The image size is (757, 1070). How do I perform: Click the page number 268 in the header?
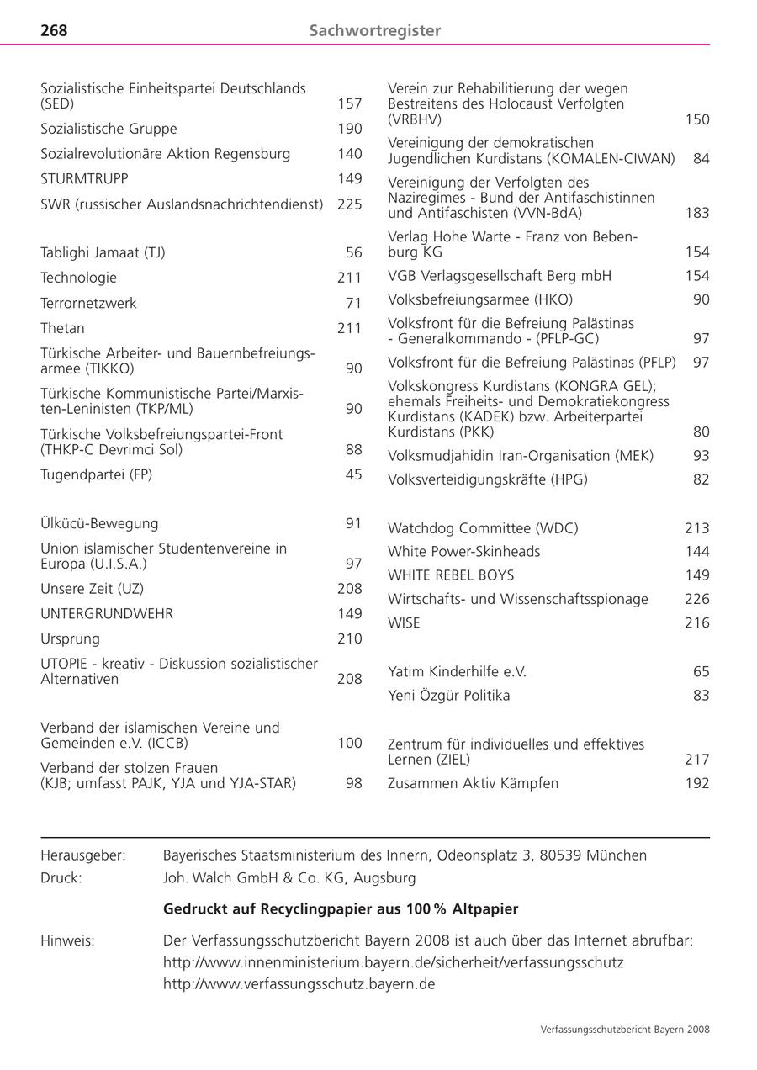54,30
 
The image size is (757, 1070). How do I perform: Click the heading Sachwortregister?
375,30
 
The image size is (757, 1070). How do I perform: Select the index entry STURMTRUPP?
84,179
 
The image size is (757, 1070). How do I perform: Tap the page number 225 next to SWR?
349,204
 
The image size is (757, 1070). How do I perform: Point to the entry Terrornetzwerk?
88,303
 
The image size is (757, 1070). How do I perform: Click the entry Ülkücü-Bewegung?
99,523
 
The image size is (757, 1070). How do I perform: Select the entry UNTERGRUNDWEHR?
107,614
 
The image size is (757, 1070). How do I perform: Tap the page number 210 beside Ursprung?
349,638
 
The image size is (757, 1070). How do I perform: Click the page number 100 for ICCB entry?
349,743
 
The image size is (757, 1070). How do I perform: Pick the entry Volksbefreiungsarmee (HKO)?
480,299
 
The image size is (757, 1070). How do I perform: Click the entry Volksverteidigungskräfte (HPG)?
488,479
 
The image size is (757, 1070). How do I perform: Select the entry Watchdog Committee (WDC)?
483,528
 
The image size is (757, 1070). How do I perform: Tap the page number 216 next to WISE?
696,622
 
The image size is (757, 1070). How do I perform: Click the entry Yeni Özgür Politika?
448,696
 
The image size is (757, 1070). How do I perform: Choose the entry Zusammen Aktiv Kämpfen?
473,783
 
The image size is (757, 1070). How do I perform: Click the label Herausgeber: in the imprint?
83,855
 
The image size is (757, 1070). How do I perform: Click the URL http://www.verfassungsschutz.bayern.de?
299,983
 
